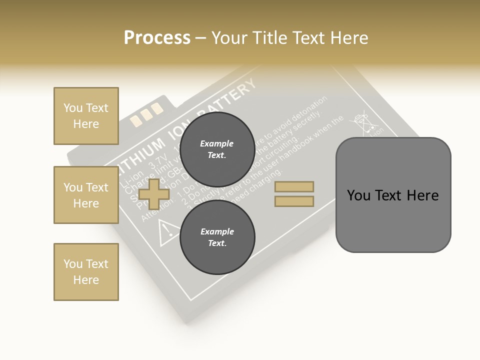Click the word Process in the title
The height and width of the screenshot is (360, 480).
coord(157,38)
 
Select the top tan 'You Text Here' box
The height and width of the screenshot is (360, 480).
coord(86,116)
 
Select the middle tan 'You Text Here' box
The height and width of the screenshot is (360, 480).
coord(86,195)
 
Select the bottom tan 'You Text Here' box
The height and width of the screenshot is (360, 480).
coord(86,272)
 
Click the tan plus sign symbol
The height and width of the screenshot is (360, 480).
coord(154,194)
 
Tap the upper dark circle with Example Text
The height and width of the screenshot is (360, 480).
coord(217,149)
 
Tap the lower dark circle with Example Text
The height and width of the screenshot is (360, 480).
coord(217,237)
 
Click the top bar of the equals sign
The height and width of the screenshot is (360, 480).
coord(294,187)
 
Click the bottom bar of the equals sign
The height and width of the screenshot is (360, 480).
coord(294,201)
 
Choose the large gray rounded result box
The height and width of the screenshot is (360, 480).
coord(393,195)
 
